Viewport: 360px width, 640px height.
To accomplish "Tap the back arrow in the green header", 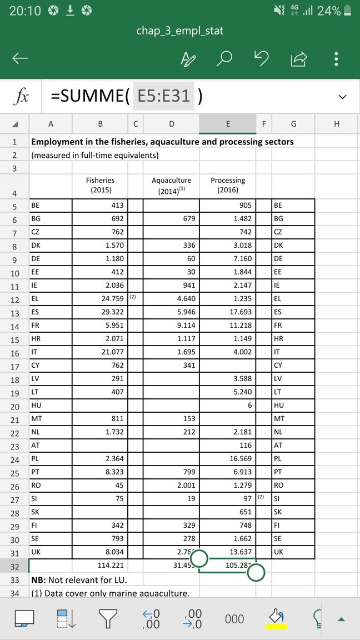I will pyautogui.click(x=21, y=58).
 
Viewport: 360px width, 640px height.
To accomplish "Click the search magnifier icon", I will pyautogui.click(x=224, y=58).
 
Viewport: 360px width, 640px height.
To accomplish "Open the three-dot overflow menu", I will pyautogui.click(x=335, y=58).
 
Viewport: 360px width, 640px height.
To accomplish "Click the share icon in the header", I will pyautogui.click(x=298, y=58).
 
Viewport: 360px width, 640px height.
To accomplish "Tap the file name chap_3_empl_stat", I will pyautogui.click(x=180, y=31).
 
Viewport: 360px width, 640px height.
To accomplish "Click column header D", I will pyautogui.click(x=171, y=124).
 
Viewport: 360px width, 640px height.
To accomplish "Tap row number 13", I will pyautogui.click(x=14, y=313).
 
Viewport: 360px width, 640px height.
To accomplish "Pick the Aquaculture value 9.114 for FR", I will pyautogui.click(x=171, y=327).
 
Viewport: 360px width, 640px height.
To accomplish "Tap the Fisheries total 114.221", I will pyautogui.click(x=100, y=566).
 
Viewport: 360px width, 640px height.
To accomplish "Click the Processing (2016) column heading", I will pyautogui.click(x=227, y=185).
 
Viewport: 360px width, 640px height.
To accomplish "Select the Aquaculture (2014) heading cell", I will pyautogui.click(x=171, y=185).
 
